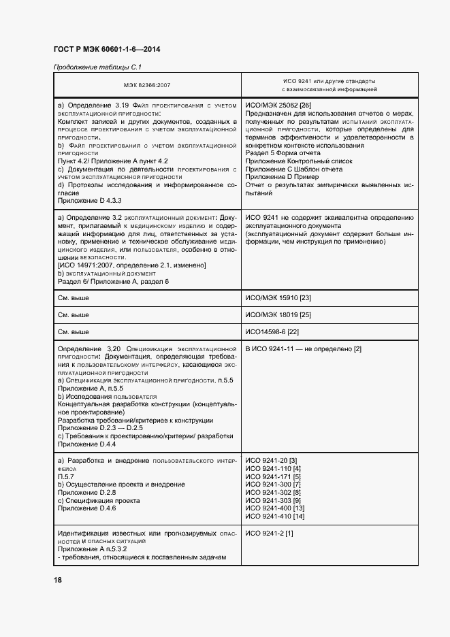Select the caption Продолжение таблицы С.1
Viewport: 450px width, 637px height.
[x=97, y=67]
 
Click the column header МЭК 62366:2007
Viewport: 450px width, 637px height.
[x=147, y=85]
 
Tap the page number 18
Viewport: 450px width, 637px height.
[x=58, y=580]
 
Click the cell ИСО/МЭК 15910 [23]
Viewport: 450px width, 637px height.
[x=278, y=297]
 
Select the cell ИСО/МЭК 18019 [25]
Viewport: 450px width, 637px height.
[x=278, y=314]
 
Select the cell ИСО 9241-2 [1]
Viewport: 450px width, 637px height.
[x=269, y=533]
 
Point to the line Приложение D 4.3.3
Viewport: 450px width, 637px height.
[x=88, y=201]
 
